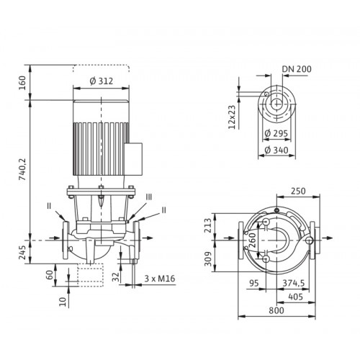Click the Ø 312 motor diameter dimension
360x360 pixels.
tap(102, 81)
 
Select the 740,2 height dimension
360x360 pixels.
tap(22, 169)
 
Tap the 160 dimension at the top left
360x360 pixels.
tap(22, 83)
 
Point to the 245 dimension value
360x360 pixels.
tap(22, 253)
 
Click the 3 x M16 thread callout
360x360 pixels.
tap(160, 279)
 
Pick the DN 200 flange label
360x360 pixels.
tap(297, 69)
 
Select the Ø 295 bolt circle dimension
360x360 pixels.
tap(276, 133)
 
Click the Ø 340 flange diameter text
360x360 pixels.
tap(276, 150)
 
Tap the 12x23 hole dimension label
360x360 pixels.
tap(232, 117)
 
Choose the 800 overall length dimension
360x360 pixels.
tap(276, 310)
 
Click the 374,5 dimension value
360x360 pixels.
tap(294, 283)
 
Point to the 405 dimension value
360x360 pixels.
tap(295, 297)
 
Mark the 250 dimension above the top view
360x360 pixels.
tap(298, 191)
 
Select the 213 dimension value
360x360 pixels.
tap(208, 225)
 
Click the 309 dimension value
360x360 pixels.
tap(208, 258)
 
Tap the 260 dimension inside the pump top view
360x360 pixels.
tap(253, 240)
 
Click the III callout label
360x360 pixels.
tap(149, 197)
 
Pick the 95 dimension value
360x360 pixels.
tap(254, 283)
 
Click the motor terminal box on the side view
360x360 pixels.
tap(134, 158)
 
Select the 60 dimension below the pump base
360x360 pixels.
tap(49, 275)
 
